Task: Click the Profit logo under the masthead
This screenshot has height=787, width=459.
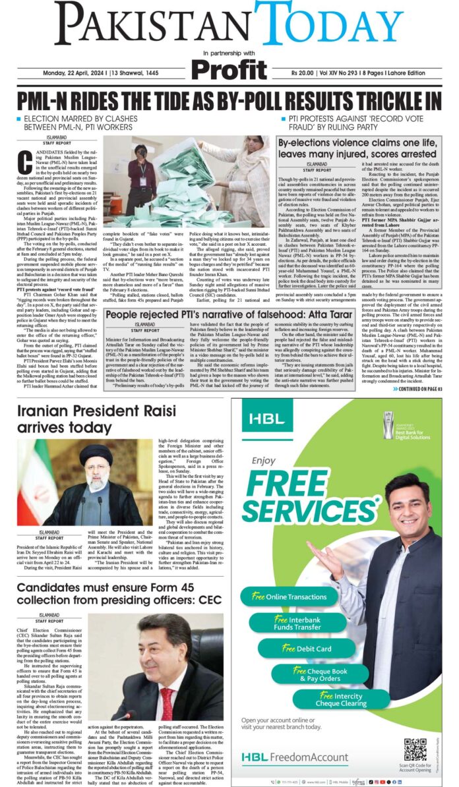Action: pos(229,68)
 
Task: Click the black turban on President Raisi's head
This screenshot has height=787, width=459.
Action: pos(96,454)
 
